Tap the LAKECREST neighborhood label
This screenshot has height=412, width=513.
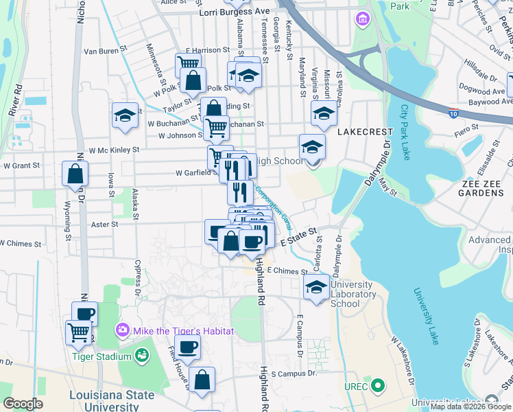point(365,130)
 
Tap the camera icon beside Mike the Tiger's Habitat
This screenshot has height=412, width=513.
point(123,331)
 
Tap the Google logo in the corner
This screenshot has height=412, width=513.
point(23,404)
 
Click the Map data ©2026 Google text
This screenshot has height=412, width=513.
point(470,406)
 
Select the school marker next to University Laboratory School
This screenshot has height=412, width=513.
point(315,288)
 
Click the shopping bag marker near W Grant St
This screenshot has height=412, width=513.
point(74,175)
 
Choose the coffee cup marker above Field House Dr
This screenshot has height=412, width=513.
point(187,347)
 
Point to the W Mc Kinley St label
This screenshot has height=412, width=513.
point(114,149)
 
